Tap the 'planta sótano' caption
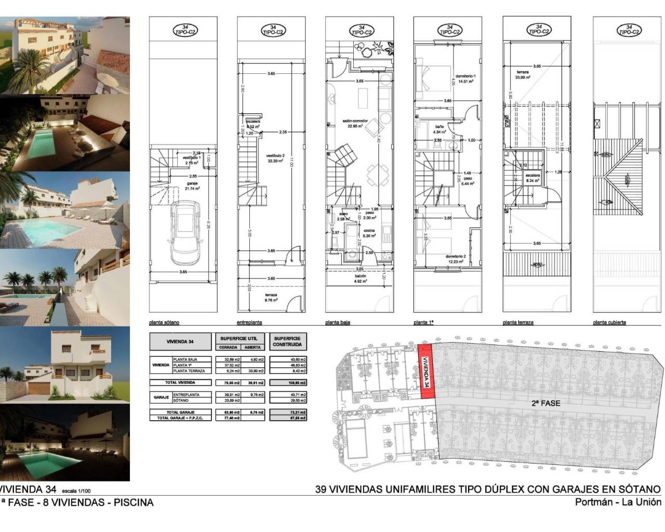[164, 322]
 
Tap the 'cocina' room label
[368, 230]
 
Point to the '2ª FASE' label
[545, 403]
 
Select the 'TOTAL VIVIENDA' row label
[181, 382]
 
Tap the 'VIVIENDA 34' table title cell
[181, 342]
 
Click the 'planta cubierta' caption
[609, 322]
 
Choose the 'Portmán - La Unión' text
[618, 502]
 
